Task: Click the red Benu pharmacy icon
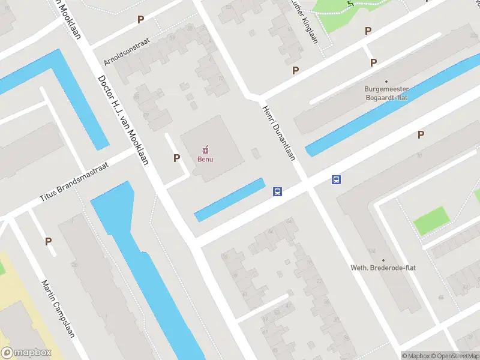click(x=206, y=149)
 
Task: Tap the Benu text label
click(x=206, y=159)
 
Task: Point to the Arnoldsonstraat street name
click(x=126, y=53)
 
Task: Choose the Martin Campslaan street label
click(x=58, y=308)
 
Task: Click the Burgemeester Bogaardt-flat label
click(x=386, y=93)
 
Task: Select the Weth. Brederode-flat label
click(x=383, y=268)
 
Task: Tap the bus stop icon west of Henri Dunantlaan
click(x=278, y=192)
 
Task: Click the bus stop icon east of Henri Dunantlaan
click(x=337, y=179)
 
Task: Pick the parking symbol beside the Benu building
click(x=176, y=158)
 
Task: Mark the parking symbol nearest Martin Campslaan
click(x=48, y=241)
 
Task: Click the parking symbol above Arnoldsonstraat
click(x=140, y=19)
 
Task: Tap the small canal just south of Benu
click(x=230, y=199)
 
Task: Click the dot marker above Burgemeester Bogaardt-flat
click(x=386, y=81)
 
